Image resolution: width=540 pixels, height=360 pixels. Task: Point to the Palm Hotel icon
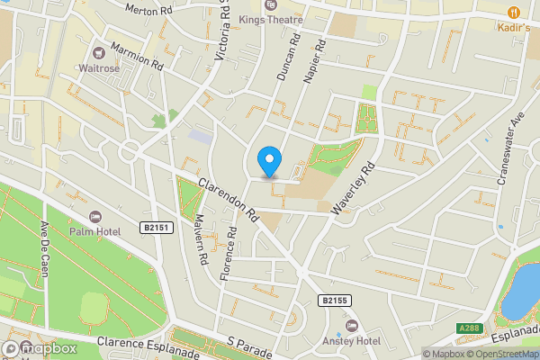point(96,217)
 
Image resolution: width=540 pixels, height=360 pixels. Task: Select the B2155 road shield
point(333,301)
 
